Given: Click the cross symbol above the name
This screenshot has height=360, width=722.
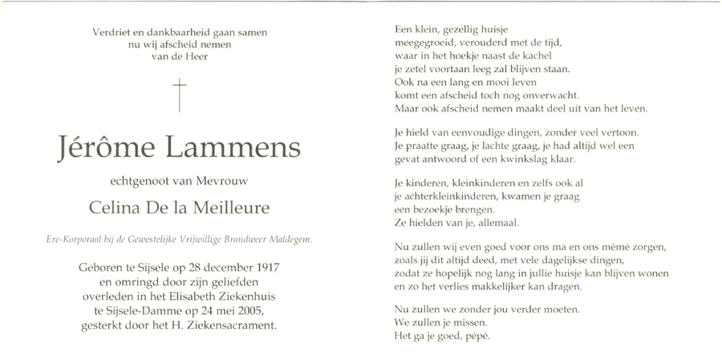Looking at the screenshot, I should pos(180,95).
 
